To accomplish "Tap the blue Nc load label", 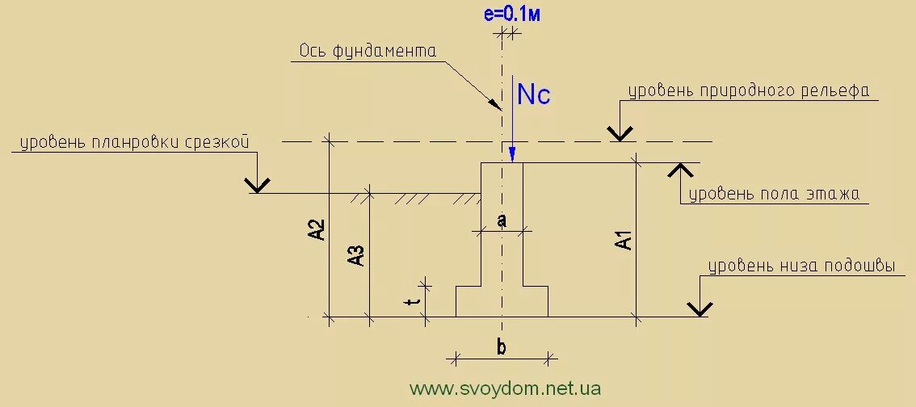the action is (x=533, y=95).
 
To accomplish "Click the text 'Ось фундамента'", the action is (x=368, y=51).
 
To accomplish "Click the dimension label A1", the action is (x=623, y=240).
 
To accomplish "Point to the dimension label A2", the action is (x=316, y=229).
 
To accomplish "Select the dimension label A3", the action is (x=356, y=255).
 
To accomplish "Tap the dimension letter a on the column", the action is (x=501, y=220).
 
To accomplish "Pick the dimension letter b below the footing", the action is (x=501, y=348).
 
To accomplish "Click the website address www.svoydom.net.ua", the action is (x=506, y=388).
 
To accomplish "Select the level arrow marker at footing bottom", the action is (x=699, y=308).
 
